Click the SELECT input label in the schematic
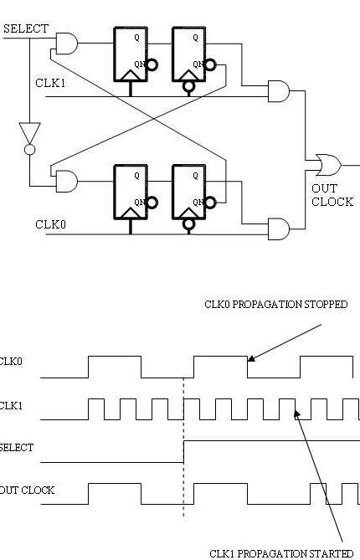click(25, 29)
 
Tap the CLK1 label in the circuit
click(49, 82)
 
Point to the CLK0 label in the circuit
click(49, 223)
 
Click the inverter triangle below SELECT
click(29, 133)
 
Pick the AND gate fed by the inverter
click(65, 180)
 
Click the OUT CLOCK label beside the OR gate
click(332, 195)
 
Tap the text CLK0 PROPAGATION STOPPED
click(275, 305)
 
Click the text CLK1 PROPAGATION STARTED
click(280, 553)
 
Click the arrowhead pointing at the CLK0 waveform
click(250, 361)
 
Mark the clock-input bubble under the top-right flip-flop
click(189, 85)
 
